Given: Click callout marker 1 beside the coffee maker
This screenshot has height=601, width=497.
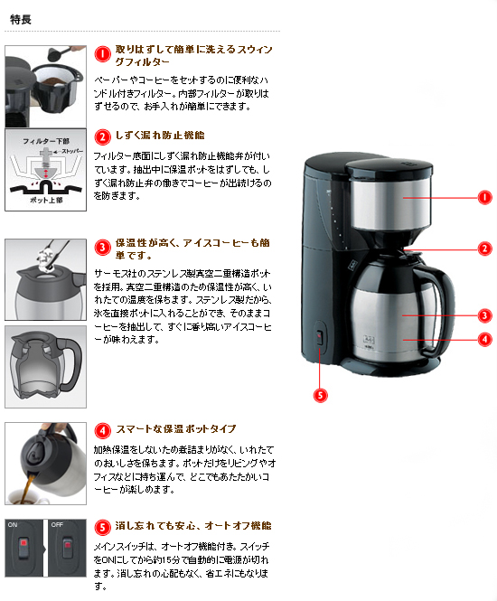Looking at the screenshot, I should pyautogui.click(x=484, y=197).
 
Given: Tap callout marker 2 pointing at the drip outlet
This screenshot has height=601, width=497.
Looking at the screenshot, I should pyautogui.click(x=484, y=249).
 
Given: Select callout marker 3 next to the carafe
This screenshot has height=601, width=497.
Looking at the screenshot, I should pyautogui.click(x=484, y=315).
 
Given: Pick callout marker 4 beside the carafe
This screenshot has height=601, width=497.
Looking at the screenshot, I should pyautogui.click(x=484, y=339).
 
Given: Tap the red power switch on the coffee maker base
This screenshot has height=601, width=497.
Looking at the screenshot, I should pyautogui.click(x=317, y=338).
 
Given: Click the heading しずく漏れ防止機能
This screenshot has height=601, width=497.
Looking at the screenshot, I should pyautogui.click(x=166, y=136).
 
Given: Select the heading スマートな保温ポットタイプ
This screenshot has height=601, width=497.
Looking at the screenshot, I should pyautogui.click(x=176, y=429).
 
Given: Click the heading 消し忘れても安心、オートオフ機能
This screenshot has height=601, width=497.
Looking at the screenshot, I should pyautogui.click(x=193, y=525).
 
